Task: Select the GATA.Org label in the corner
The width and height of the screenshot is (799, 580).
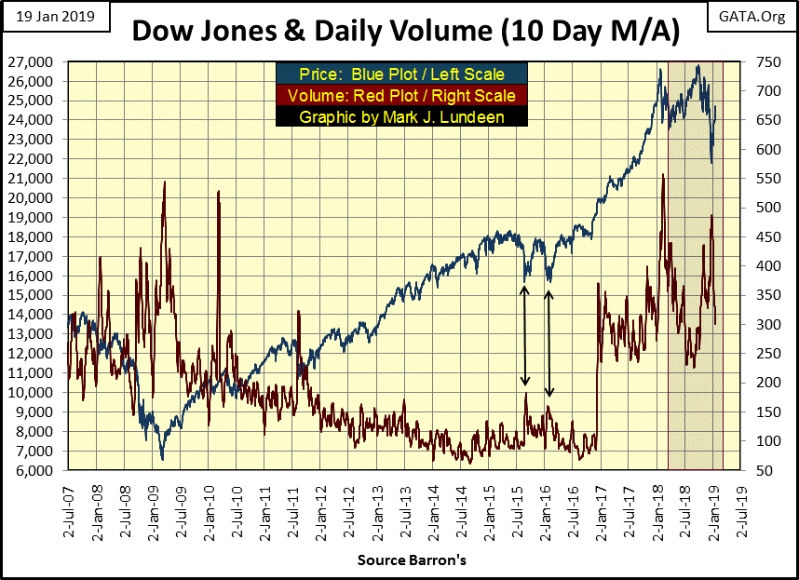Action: point(754,17)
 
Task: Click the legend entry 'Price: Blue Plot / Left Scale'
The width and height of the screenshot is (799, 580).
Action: point(401,73)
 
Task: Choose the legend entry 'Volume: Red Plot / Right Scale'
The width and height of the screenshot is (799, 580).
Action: point(401,95)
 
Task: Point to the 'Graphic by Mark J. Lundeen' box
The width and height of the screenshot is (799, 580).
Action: point(401,116)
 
